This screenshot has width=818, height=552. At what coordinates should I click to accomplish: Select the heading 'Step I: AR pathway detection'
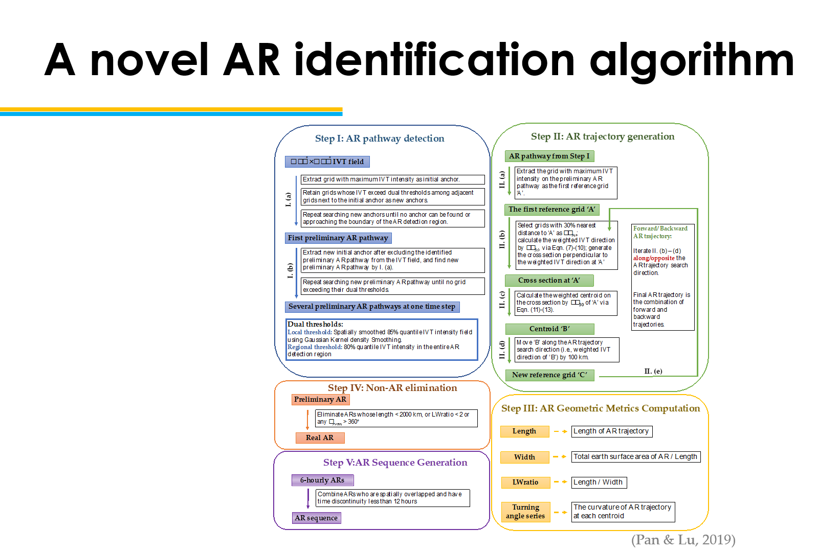pyautogui.click(x=379, y=139)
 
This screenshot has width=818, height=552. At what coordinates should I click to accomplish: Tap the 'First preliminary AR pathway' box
pyautogui.click(x=338, y=238)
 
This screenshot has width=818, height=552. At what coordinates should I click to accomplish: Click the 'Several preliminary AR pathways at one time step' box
pyautogui.click(x=372, y=307)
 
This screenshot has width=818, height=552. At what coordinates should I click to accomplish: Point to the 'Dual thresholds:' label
pyautogui.click(x=315, y=324)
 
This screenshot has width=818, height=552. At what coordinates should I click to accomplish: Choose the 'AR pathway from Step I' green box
pyautogui.click(x=549, y=156)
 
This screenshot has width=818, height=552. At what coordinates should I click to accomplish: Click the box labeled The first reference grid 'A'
pyautogui.click(x=551, y=210)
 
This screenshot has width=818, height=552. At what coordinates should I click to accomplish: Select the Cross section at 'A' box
pyautogui.click(x=549, y=281)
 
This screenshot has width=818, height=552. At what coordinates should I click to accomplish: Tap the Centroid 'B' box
pyautogui.click(x=549, y=329)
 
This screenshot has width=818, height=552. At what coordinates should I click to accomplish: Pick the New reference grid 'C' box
pyautogui.click(x=549, y=375)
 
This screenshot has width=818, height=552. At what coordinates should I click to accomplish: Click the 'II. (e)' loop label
pyautogui.click(x=653, y=372)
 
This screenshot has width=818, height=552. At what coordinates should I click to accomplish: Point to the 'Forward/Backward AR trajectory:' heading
pyautogui.click(x=660, y=232)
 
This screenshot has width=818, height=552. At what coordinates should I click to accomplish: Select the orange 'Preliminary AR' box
pyautogui.click(x=320, y=400)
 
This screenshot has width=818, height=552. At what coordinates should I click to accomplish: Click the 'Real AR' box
pyautogui.click(x=320, y=438)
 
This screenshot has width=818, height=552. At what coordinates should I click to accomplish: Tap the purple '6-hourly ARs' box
pyautogui.click(x=322, y=480)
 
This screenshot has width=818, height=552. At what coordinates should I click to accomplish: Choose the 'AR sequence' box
pyautogui.click(x=316, y=518)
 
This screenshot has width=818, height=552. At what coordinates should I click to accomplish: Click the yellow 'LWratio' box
pyautogui.click(x=525, y=482)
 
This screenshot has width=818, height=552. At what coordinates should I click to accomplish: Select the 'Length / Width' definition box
pyautogui.click(x=599, y=482)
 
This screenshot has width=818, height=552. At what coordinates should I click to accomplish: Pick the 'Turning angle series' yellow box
pyautogui.click(x=525, y=512)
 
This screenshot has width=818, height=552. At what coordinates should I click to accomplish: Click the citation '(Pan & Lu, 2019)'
pyautogui.click(x=683, y=540)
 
